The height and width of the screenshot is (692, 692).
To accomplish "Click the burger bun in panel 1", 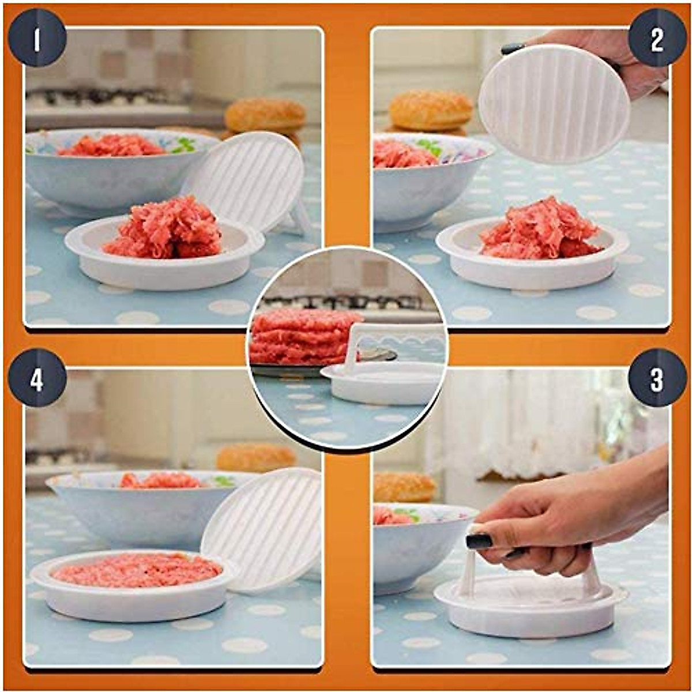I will pos(265,116).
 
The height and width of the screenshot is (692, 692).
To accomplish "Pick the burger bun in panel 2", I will pos(431,110).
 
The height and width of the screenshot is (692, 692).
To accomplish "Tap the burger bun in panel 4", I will pos(256,458).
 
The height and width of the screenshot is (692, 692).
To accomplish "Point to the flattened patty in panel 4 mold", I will pos(137,570).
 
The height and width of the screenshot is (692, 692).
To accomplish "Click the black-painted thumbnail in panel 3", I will pos(479,541).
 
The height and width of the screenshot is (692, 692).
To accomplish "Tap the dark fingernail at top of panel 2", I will pos(512,49).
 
